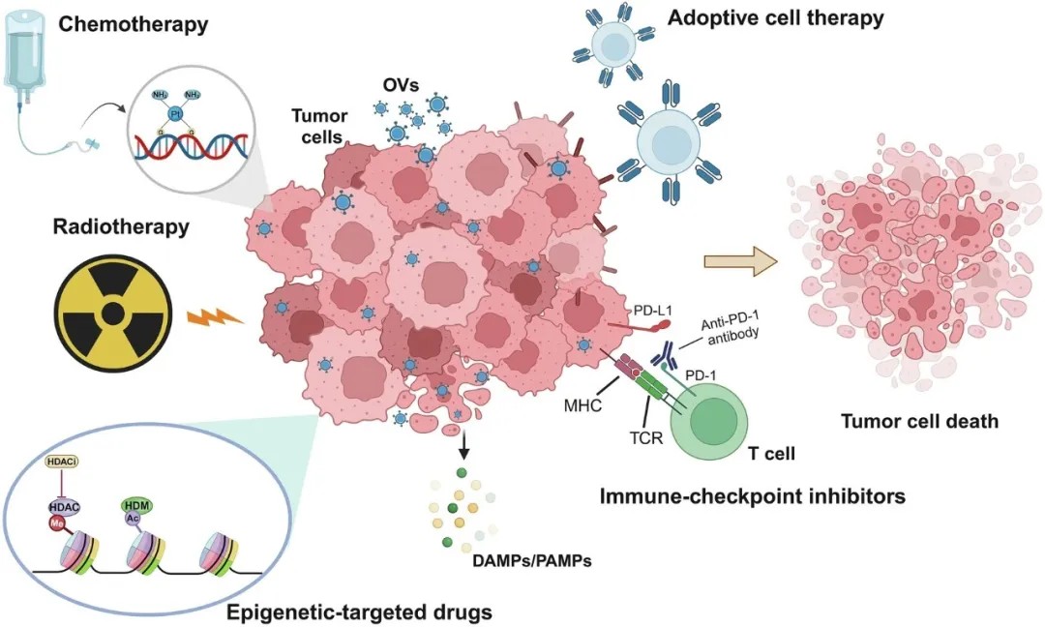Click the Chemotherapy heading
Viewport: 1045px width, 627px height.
(134, 23)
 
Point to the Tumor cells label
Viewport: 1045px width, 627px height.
(319, 127)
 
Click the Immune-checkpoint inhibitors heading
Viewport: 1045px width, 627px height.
(752, 496)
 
